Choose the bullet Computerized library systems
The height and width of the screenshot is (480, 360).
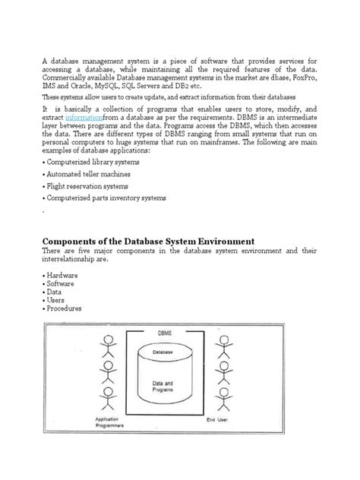pyautogui.click(x=90, y=163)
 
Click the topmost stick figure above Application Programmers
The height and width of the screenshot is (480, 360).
pyautogui.click(x=107, y=347)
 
